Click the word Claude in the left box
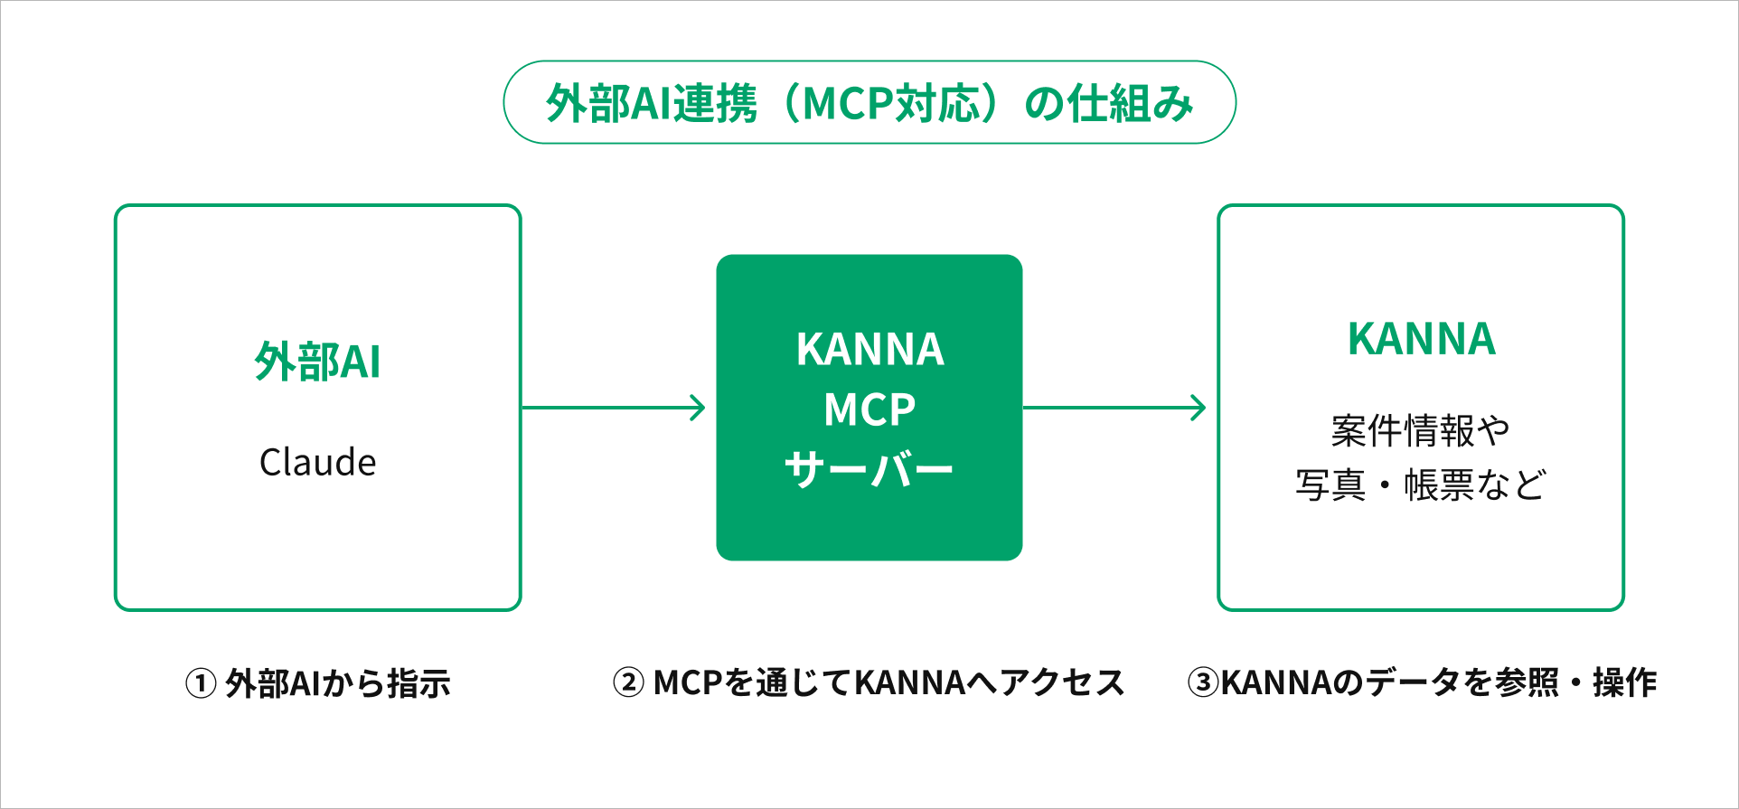coord(317,462)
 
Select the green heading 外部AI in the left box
coord(317,362)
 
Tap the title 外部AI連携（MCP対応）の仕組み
coord(869,103)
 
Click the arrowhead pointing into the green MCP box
coord(699,408)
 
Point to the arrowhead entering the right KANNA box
coord(1199,408)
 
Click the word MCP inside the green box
coord(869,409)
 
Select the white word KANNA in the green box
coord(869,350)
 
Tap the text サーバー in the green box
coord(869,470)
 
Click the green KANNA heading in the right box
coord(1421,339)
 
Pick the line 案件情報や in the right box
coord(1421,430)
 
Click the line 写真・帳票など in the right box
coord(1421,485)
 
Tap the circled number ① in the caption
coord(201,683)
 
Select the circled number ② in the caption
coord(628,682)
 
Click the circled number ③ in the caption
coord(1203,682)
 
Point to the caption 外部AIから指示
coord(338,683)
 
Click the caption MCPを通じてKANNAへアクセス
coord(888,682)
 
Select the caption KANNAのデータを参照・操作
coord(1439,682)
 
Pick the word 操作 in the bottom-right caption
coord(1625,682)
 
